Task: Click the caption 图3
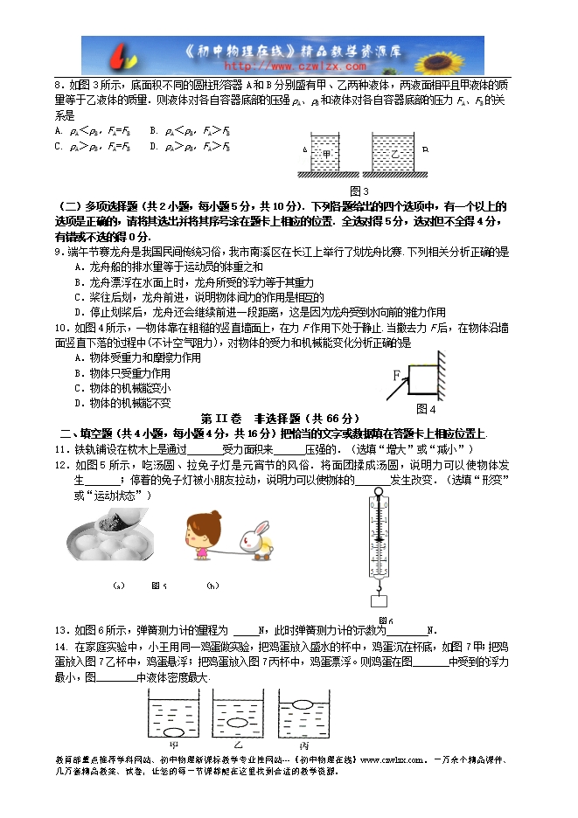[x=359, y=191]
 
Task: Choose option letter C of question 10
[x=79, y=388]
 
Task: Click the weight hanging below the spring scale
[x=378, y=600]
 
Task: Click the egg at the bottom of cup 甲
[x=172, y=730]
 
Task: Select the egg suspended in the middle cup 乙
[x=239, y=722]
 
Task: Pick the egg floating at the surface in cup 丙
[x=304, y=703]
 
